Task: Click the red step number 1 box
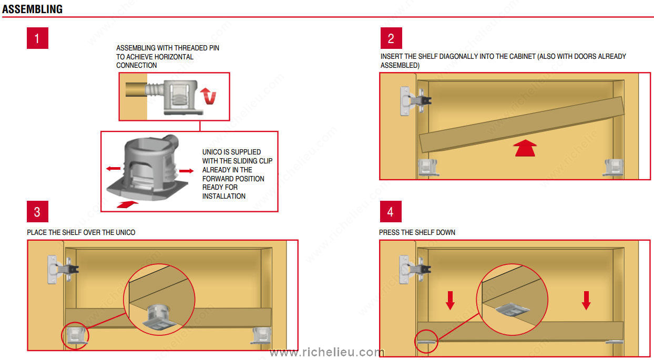click(37, 38)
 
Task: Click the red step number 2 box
click(391, 38)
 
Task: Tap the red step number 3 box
click(37, 211)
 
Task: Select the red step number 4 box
click(391, 211)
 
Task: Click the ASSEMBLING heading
click(33, 9)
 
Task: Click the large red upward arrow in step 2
click(525, 148)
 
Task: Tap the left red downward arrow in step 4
click(450, 300)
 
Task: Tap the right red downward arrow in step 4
click(586, 300)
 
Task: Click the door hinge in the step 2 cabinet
click(415, 101)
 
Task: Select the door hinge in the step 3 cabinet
click(63, 269)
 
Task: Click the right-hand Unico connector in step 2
click(613, 168)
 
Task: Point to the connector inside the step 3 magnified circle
click(159, 317)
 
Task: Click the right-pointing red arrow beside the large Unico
click(186, 171)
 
